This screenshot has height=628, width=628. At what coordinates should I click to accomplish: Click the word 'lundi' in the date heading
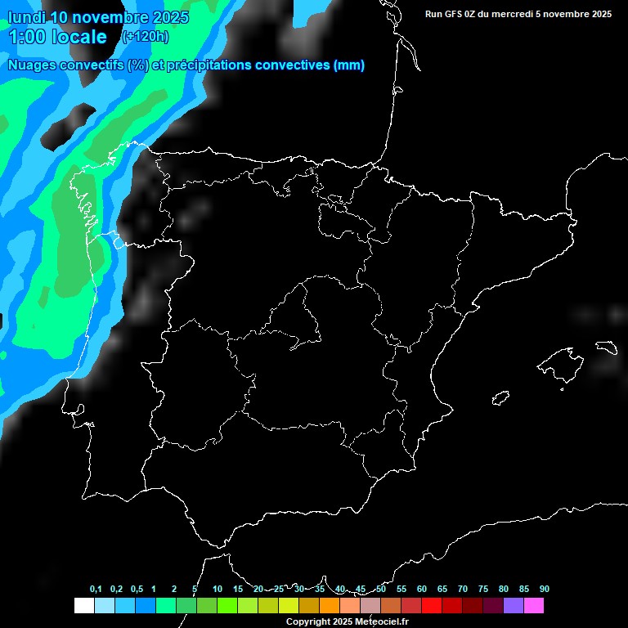[x=26, y=16]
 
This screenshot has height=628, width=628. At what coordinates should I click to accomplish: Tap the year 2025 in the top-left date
[x=168, y=16]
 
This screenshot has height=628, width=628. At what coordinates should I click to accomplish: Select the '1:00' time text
[x=25, y=37]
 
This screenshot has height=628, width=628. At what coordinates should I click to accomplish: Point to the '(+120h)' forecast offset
[x=145, y=36]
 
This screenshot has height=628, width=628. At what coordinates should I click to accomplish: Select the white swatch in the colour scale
[x=83, y=605]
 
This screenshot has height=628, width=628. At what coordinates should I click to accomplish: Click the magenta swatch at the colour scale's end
[x=534, y=605]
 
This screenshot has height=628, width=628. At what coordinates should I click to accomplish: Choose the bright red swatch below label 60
[x=432, y=605]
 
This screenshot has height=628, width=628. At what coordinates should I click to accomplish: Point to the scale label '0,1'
[x=96, y=590]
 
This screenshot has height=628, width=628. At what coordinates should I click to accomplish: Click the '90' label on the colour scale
[x=545, y=590]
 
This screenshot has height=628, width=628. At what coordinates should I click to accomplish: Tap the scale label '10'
[x=218, y=590]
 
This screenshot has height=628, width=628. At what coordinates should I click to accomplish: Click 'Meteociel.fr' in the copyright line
[x=382, y=622]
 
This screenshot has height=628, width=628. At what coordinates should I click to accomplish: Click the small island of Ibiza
[x=501, y=397]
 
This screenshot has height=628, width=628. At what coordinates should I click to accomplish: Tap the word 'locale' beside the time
[x=78, y=37]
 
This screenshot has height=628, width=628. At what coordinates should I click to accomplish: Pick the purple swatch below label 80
[x=514, y=605]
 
